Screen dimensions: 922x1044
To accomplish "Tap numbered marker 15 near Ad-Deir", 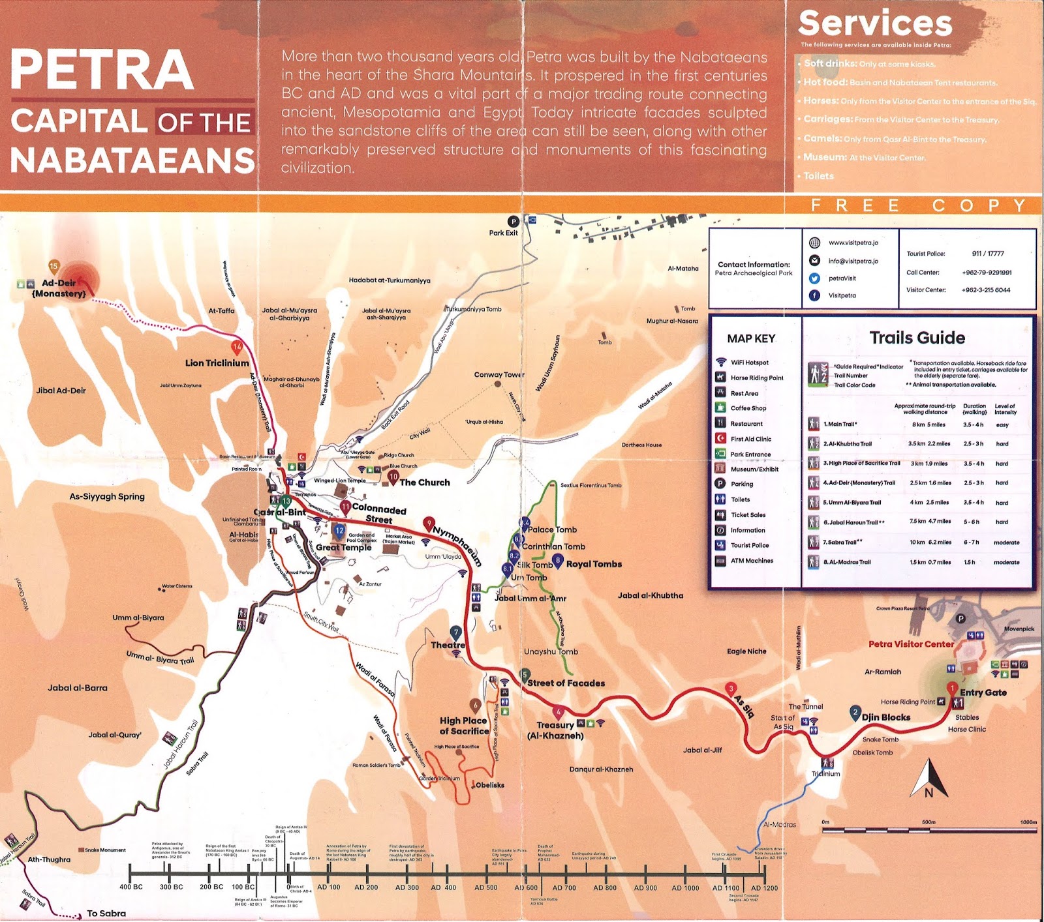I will (x=54, y=266).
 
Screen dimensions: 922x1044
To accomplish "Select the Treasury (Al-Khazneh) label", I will (x=555, y=730).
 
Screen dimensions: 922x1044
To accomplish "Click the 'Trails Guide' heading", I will (x=917, y=338).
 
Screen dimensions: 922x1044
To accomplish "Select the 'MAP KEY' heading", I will (x=751, y=338).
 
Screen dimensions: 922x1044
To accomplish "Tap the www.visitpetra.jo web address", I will (x=853, y=243).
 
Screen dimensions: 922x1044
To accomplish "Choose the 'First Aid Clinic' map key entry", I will (x=750, y=439).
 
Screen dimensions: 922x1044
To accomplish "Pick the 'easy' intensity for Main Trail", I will (x=1002, y=424).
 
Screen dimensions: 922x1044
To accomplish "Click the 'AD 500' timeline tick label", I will (x=485, y=887).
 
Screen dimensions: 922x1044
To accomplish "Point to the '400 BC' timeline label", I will (x=131, y=887).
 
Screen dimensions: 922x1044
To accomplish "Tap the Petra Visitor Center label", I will (x=911, y=644).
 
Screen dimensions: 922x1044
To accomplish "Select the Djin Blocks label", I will (x=885, y=717).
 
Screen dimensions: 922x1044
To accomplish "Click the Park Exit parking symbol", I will (x=514, y=222).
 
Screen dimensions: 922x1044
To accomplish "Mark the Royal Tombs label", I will (x=594, y=564).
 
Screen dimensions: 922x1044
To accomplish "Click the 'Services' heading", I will (x=875, y=23).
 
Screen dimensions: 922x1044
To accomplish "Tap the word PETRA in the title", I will (x=102, y=70).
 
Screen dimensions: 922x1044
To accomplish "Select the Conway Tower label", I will (x=499, y=374).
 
